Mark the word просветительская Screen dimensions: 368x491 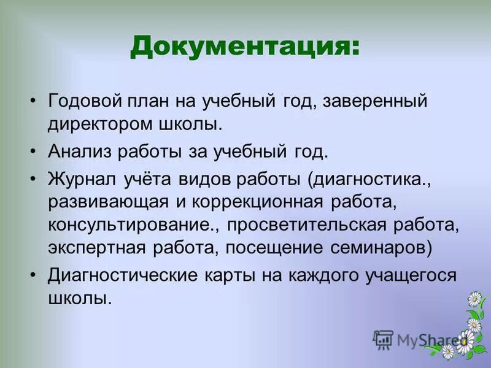317,224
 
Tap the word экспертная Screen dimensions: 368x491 101,248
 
